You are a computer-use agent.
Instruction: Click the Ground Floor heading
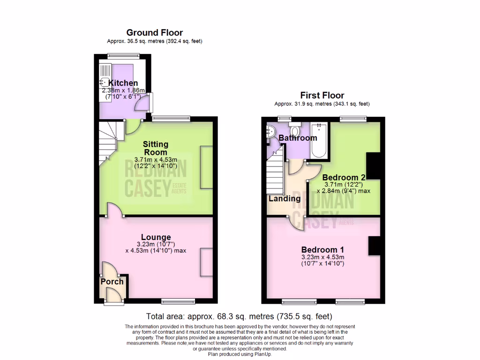pos(154,32)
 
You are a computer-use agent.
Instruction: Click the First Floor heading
pos(322,95)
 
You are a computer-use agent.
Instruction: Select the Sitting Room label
pos(155,148)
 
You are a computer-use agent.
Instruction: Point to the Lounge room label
pos(157,237)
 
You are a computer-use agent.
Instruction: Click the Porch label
pos(112,281)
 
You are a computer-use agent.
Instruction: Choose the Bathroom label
pos(298,138)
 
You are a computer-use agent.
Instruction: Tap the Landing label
pos(284,198)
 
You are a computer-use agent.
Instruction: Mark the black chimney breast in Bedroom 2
pos(373,166)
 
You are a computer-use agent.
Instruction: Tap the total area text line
pos(239,316)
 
